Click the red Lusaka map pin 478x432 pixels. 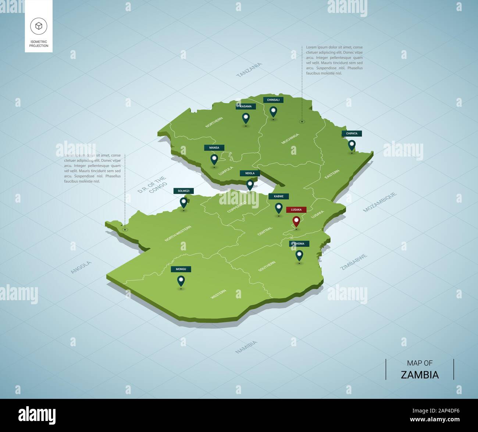pyautogui.click(x=296, y=221)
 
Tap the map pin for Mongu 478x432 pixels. pyautogui.click(x=181, y=281)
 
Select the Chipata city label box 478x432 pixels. pyautogui.click(x=352, y=133)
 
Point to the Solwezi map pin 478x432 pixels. pyautogui.click(x=183, y=202)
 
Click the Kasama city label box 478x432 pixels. pyautogui.click(x=246, y=106)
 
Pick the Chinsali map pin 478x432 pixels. pyautogui.click(x=273, y=111)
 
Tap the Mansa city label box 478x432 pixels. pyautogui.click(x=214, y=148)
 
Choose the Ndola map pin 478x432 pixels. pyautogui.click(x=250, y=184)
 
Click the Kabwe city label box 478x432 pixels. pyautogui.click(x=278, y=196)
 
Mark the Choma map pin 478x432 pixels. pyautogui.click(x=299, y=255)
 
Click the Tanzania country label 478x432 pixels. pyautogui.click(x=249, y=70)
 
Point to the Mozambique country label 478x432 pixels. pyautogui.click(x=380, y=202)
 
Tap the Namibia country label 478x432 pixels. pyautogui.click(x=246, y=347)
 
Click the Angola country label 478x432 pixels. pyautogui.click(x=81, y=267)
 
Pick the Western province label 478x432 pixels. pyautogui.click(x=218, y=294)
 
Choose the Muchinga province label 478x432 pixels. pyautogui.click(x=290, y=138)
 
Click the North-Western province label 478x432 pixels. pyautogui.click(x=178, y=233)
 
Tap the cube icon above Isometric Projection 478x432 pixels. pyautogui.click(x=39, y=26)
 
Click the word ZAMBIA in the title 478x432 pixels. pyautogui.click(x=420, y=375)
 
